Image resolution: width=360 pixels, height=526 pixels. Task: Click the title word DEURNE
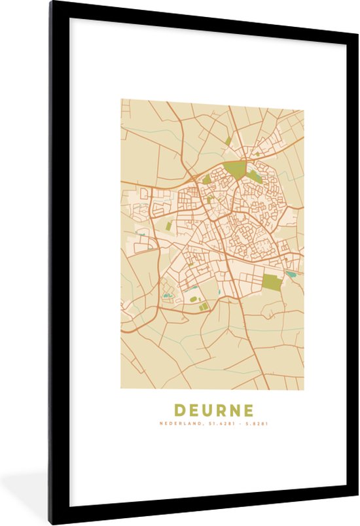click(x=213, y=411)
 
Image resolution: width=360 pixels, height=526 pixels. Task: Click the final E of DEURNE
click(x=248, y=411)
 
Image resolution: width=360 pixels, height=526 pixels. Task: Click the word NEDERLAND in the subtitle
click(x=181, y=423)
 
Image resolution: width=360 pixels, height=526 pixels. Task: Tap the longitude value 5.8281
click(x=257, y=423)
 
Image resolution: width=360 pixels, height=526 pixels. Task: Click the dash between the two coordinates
click(x=239, y=423)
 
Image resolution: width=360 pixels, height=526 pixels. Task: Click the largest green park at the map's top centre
click(x=234, y=170)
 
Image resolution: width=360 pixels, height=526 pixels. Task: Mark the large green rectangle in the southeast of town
click(x=272, y=282)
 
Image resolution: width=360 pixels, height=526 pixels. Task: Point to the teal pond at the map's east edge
click(x=290, y=274)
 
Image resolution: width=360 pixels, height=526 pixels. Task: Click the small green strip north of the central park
click(x=228, y=141)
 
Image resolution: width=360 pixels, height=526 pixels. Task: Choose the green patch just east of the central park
click(x=254, y=175)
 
